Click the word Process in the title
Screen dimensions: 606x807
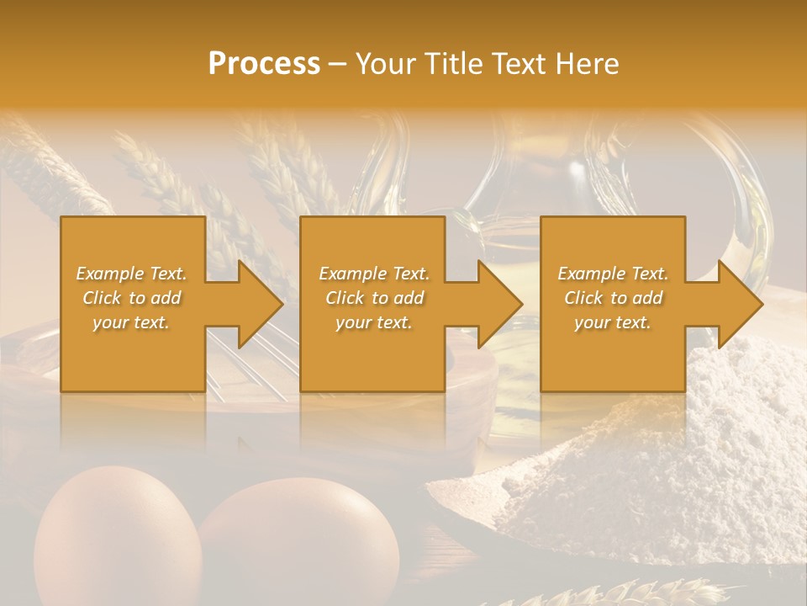click(264, 64)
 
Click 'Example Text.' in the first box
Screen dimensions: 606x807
click(131, 274)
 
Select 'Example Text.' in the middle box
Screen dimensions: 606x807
click(373, 274)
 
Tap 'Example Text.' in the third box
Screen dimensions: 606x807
click(613, 274)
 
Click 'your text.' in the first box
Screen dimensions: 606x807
click(131, 323)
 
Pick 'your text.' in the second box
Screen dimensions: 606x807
click(373, 323)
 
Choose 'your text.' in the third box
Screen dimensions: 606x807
click(613, 323)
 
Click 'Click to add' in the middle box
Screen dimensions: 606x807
click(373, 298)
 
